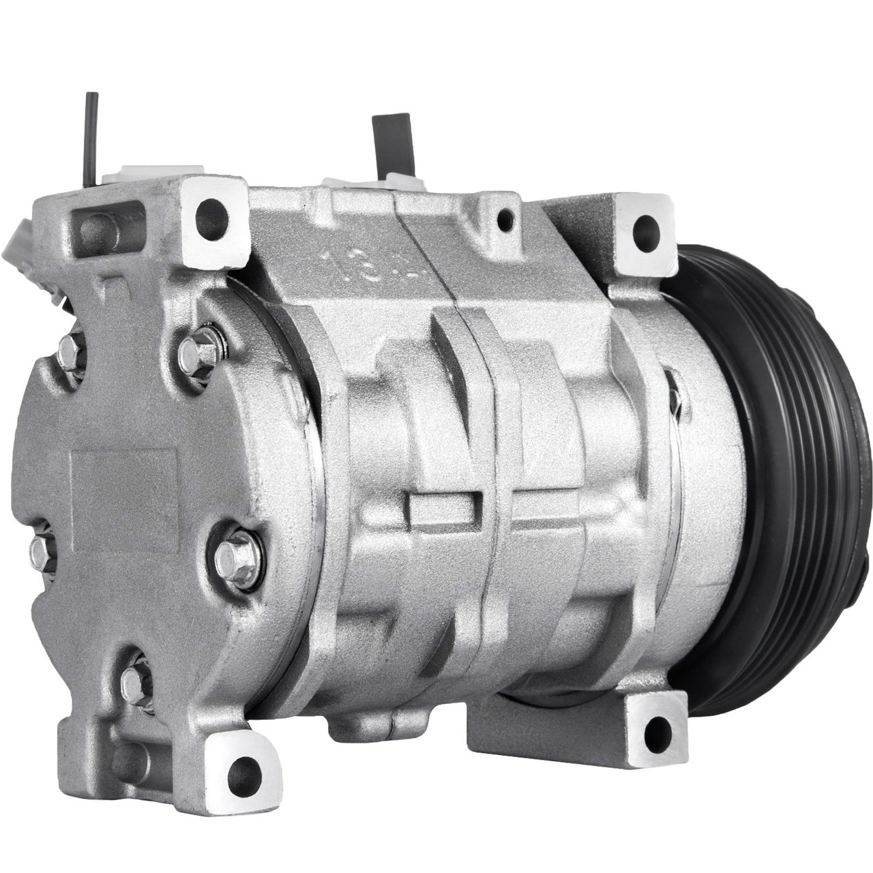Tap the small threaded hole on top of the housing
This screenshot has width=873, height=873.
504,218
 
